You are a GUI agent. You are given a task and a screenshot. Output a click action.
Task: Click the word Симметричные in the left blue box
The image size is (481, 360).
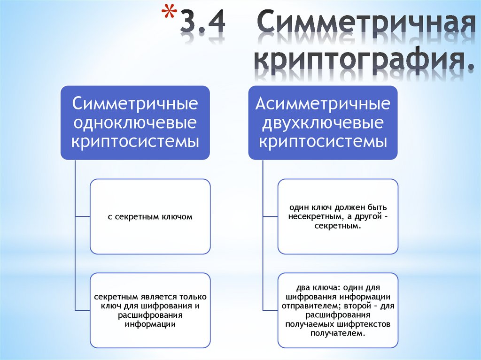[x=135, y=104]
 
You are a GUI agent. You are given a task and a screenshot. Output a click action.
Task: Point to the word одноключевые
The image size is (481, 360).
[x=135, y=123]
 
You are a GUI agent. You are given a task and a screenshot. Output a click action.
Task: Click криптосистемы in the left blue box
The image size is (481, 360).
[x=135, y=141]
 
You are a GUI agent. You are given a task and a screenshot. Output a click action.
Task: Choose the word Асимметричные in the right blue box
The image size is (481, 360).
[x=323, y=104]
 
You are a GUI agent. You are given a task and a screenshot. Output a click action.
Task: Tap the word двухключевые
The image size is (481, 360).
[x=323, y=123]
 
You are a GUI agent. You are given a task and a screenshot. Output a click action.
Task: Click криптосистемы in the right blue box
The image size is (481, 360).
[x=323, y=141]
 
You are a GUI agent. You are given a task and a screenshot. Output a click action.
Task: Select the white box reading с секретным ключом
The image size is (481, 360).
[x=150, y=216]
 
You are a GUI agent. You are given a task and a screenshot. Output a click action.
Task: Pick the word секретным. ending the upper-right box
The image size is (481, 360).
[x=338, y=226]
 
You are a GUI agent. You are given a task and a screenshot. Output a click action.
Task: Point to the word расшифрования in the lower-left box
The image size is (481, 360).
[x=150, y=315]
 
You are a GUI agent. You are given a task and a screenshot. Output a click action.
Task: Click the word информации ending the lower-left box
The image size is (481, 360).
[x=150, y=324]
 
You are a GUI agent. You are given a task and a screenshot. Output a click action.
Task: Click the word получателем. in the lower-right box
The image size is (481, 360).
[x=338, y=333]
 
